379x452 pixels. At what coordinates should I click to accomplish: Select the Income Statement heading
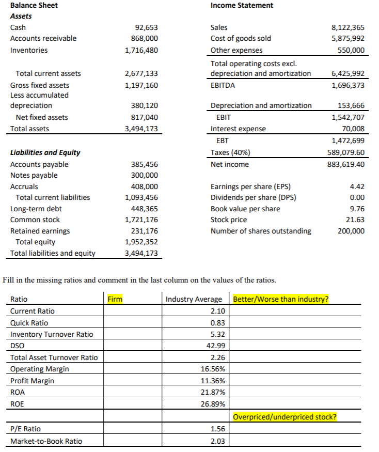point(242,5)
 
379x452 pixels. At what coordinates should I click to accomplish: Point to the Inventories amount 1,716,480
point(141,50)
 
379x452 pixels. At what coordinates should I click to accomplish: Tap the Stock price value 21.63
point(356,220)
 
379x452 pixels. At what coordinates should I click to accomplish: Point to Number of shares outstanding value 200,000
point(352,231)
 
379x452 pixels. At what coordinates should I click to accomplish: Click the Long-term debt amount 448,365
point(145,209)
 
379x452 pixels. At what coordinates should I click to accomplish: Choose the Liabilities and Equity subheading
point(45,152)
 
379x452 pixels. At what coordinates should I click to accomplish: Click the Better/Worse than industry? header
point(281,299)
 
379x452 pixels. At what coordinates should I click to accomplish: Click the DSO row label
point(18,346)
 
